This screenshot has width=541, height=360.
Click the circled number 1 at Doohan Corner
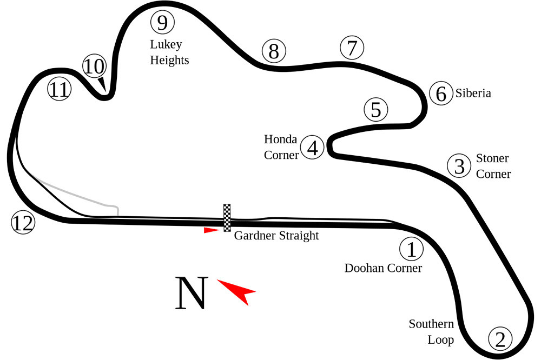[x=411, y=249]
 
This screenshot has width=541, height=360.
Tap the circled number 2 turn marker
[x=500, y=339]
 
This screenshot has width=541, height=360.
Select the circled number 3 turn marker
[x=459, y=166]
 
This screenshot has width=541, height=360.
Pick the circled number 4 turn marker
[x=312, y=148]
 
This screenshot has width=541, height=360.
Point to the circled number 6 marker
[x=441, y=94]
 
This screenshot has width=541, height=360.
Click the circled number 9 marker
[x=162, y=23]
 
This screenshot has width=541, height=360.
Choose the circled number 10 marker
[x=94, y=66]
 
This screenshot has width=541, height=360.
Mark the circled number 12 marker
[x=23, y=223]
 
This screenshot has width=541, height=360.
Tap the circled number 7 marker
[x=352, y=48]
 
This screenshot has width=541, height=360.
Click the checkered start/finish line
[x=227, y=217]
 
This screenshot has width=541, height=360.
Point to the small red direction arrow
[x=211, y=230]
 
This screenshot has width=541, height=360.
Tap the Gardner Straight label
[x=276, y=236]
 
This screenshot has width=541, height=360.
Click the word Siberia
[x=473, y=93]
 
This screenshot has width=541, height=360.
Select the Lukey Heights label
[x=169, y=52]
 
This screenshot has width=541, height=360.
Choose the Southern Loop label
[x=431, y=332]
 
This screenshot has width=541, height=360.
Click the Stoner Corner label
[x=493, y=166]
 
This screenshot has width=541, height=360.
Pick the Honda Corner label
[x=281, y=147]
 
